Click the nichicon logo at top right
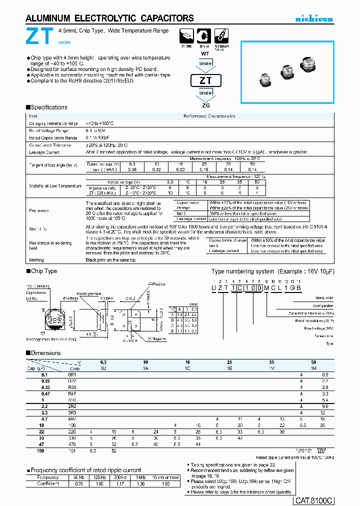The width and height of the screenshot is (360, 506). [x=314, y=19]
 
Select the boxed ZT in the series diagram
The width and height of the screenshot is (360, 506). [x=205, y=80]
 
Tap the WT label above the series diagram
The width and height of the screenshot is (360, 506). [x=205, y=53]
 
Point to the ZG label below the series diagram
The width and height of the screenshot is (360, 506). [x=205, y=105]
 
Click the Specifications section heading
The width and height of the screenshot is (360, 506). [x=48, y=107]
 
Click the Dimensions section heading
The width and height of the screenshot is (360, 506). [x=45, y=353]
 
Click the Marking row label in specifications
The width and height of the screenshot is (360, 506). [x=36, y=260]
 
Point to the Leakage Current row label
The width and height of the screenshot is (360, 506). [x=44, y=151]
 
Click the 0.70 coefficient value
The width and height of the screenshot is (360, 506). [x=78, y=483]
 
